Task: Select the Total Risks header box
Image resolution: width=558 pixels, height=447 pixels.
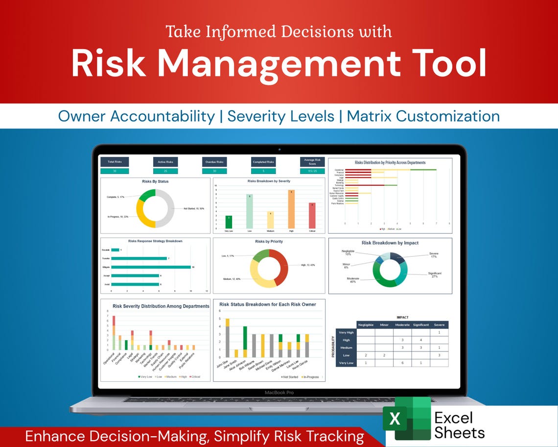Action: coord(115,162)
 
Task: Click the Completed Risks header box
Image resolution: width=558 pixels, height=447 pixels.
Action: coord(263,162)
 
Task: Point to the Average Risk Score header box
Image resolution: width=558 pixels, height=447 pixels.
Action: coord(312,162)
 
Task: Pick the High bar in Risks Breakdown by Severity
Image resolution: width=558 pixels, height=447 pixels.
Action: coord(291,209)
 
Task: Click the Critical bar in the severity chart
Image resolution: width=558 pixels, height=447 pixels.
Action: coord(312,216)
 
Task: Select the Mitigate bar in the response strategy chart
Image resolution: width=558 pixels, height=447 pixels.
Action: coord(151,267)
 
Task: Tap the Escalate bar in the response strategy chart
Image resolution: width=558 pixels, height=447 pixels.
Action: coord(115,250)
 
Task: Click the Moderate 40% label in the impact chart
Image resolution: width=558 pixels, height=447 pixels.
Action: coord(353,280)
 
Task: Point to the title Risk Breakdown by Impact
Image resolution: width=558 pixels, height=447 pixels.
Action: coord(390,243)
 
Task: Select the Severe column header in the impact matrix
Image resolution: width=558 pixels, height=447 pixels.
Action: coord(439,324)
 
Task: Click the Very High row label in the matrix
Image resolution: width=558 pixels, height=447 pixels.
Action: coord(346,332)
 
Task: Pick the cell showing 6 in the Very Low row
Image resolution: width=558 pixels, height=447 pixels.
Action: coord(402,363)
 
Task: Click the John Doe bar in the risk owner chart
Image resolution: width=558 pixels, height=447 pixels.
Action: coord(227,338)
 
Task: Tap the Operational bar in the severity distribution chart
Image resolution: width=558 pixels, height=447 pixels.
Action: coord(114,333)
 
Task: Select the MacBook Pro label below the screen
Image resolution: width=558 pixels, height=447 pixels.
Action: coord(279,393)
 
